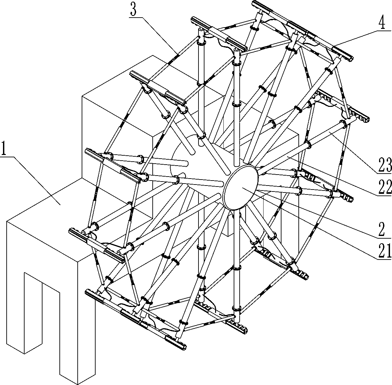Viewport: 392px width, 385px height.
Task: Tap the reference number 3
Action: coord(133,9)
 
